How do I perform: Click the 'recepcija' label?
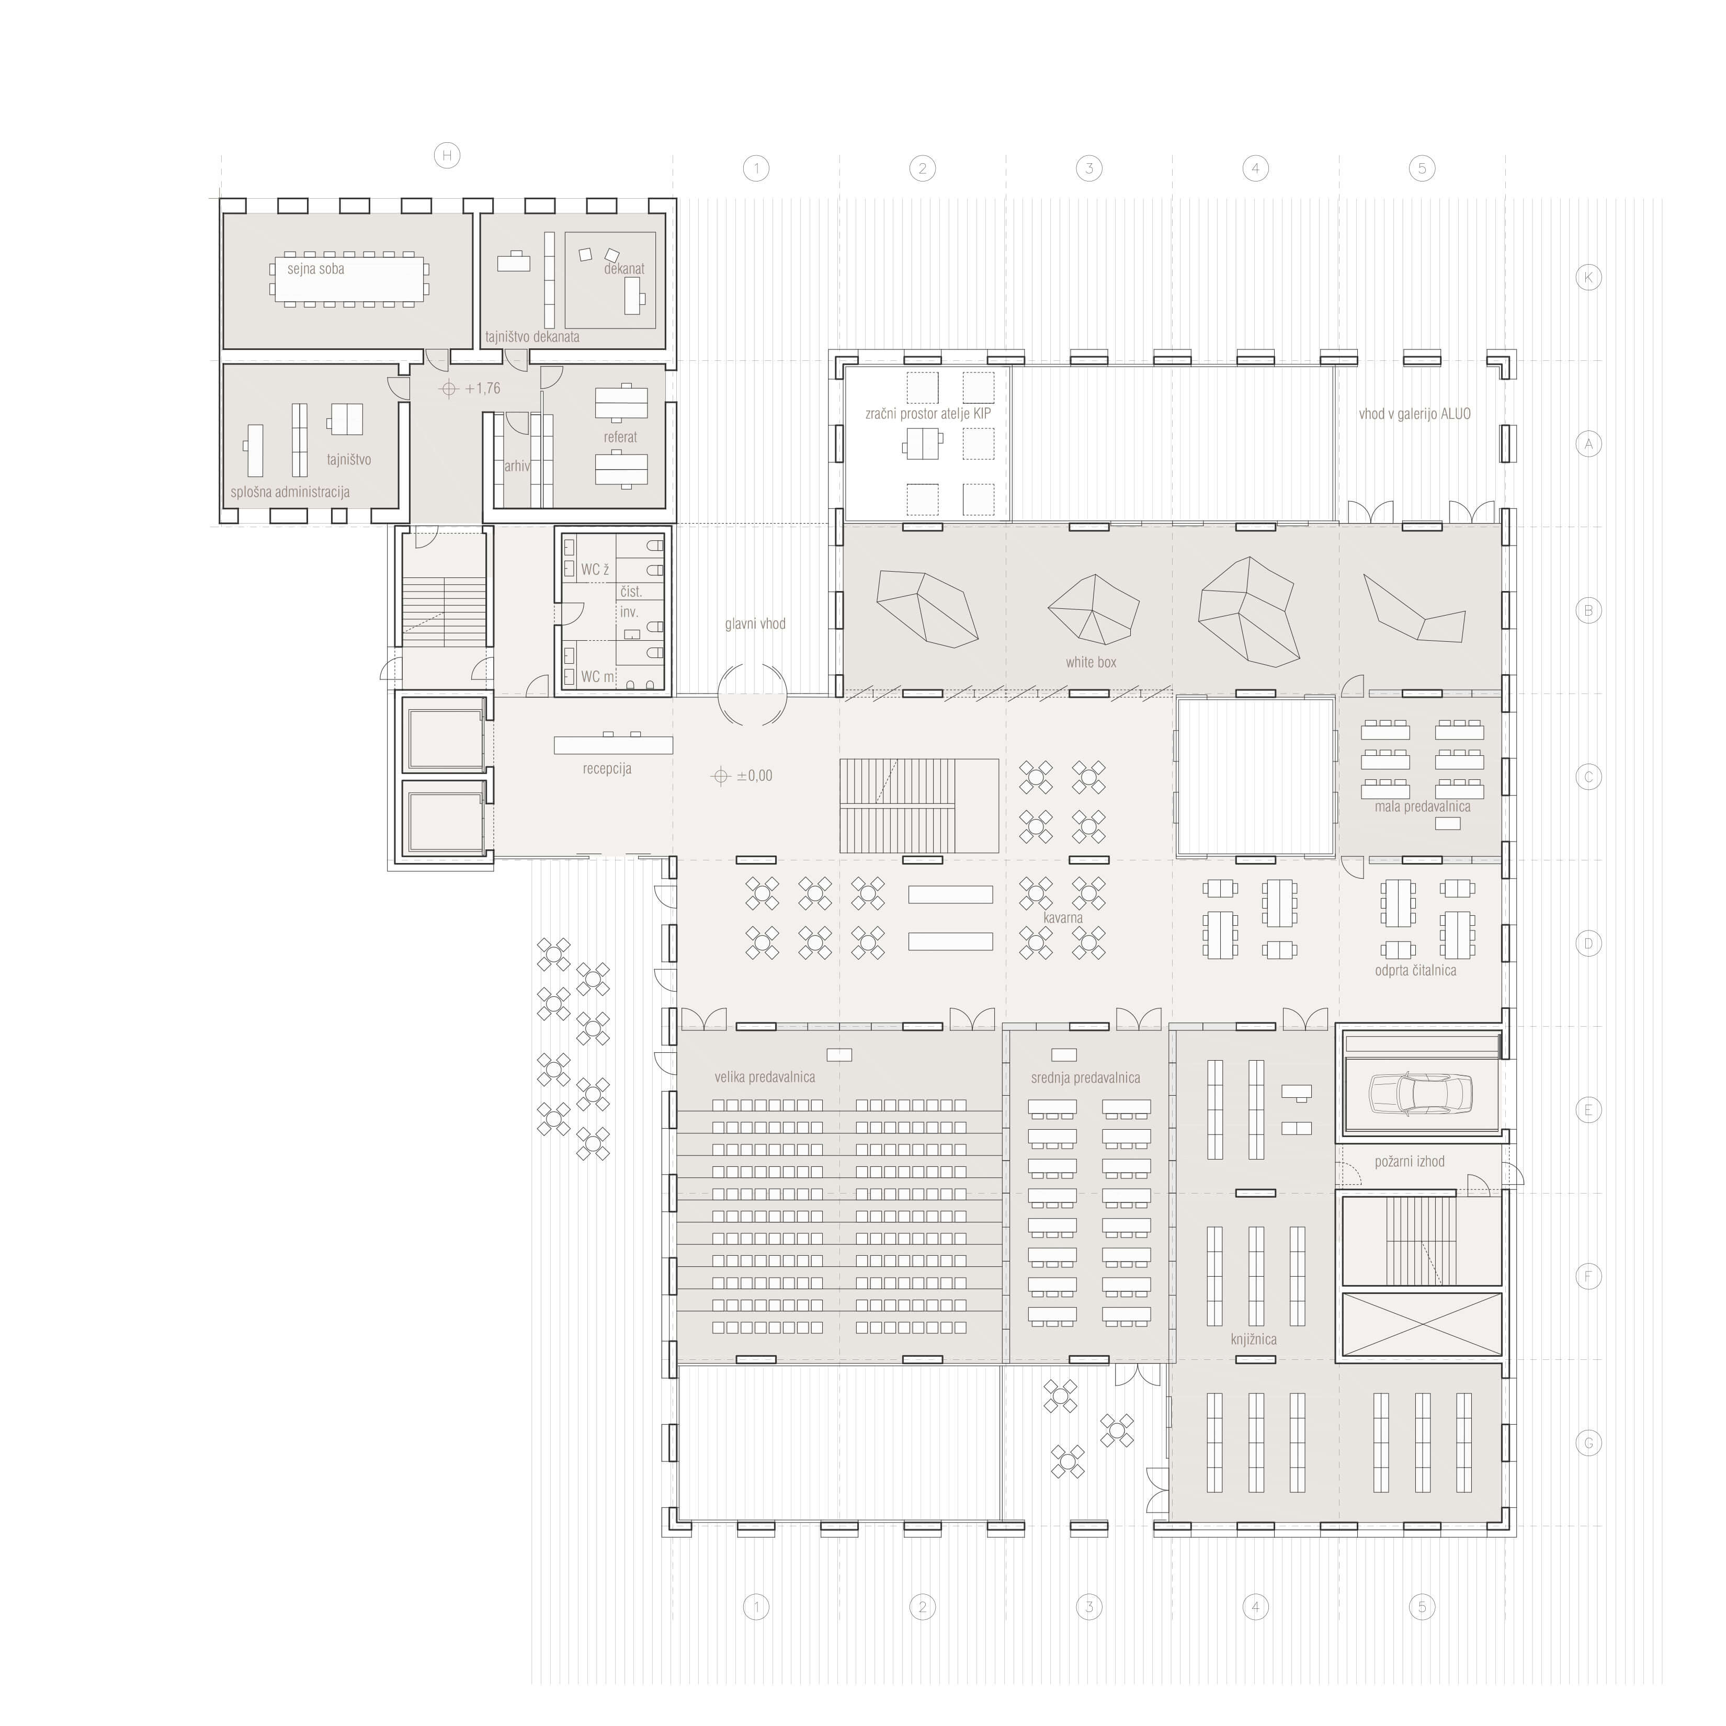(x=607, y=768)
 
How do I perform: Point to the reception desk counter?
(x=613, y=744)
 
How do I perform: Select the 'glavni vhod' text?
(x=755, y=623)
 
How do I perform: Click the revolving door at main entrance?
(x=753, y=694)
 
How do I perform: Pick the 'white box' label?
(x=1091, y=662)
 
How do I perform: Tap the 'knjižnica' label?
(x=1253, y=1339)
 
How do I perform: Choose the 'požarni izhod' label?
(x=1409, y=1161)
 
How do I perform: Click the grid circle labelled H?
(x=447, y=155)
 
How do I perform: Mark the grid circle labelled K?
(x=1587, y=278)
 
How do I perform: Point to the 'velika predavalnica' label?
(x=765, y=1077)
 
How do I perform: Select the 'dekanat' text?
(x=623, y=269)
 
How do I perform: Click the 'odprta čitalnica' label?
(x=1415, y=970)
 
